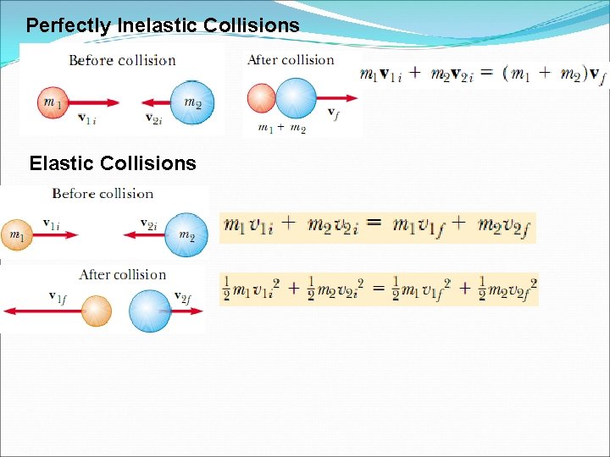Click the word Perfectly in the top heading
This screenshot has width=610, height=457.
67,25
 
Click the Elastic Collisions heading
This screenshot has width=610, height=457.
113,163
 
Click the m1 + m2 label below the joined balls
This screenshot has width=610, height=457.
280,128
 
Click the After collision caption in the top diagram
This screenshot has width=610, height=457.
291,60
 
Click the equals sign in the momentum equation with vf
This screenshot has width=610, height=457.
486,74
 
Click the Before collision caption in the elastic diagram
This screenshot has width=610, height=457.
103,194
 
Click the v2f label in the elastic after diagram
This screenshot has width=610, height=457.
182,296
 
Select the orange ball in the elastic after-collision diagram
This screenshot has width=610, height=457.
97,311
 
